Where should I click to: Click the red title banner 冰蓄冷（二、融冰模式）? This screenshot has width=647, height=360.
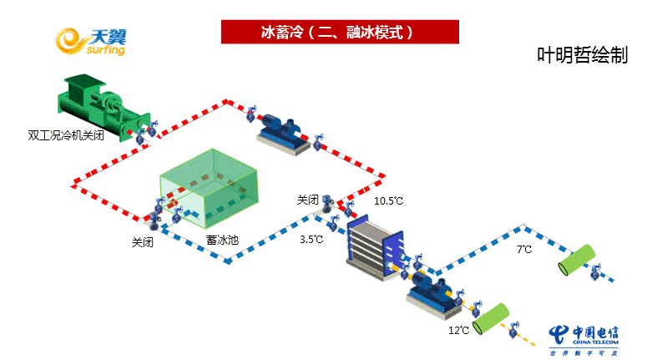(x=341, y=32)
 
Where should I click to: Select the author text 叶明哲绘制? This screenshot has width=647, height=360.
(x=582, y=55)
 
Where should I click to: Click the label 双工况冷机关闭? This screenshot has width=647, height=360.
(x=66, y=134)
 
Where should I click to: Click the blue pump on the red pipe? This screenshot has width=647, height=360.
(x=284, y=129)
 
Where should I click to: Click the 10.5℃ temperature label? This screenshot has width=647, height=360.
(x=388, y=201)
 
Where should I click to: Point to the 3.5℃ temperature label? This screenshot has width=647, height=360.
(x=311, y=239)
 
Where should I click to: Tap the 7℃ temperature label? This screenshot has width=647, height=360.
(x=524, y=249)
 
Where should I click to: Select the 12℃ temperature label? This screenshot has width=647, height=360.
(x=458, y=331)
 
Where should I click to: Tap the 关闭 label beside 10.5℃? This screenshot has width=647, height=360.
(x=307, y=200)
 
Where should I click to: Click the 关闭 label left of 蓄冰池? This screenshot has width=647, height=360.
(x=142, y=242)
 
